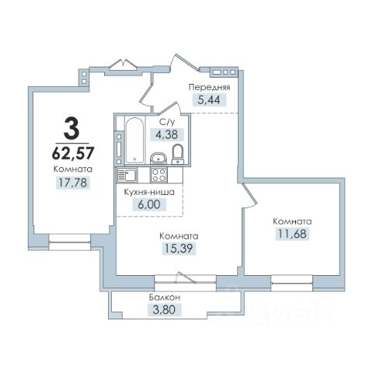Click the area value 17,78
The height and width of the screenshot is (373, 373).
click(73, 183)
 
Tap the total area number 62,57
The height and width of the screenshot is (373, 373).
click(73, 153)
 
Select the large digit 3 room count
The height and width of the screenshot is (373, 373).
click(71, 127)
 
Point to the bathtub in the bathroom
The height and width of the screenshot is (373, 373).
click(134, 140)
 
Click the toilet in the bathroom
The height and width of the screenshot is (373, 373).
click(178, 155)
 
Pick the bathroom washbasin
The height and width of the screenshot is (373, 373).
click(158, 159)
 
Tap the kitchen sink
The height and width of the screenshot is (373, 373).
click(127, 175)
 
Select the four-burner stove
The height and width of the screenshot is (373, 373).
click(159, 175)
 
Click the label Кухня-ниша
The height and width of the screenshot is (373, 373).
click(149, 192)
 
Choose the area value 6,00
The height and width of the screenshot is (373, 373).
click(149, 204)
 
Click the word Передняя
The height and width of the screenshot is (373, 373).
click(209, 87)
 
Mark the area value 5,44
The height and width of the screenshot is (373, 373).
click(209, 99)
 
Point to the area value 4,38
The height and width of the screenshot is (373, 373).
click(166, 134)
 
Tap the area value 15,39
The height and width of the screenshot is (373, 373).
click(179, 249)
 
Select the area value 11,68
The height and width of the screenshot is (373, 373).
click(292, 234)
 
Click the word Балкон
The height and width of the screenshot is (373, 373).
click(164, 298)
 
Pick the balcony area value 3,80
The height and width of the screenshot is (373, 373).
click(165, 310)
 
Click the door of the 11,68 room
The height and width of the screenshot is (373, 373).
click(249, 195)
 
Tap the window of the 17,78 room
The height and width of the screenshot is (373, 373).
click(69, 242)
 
